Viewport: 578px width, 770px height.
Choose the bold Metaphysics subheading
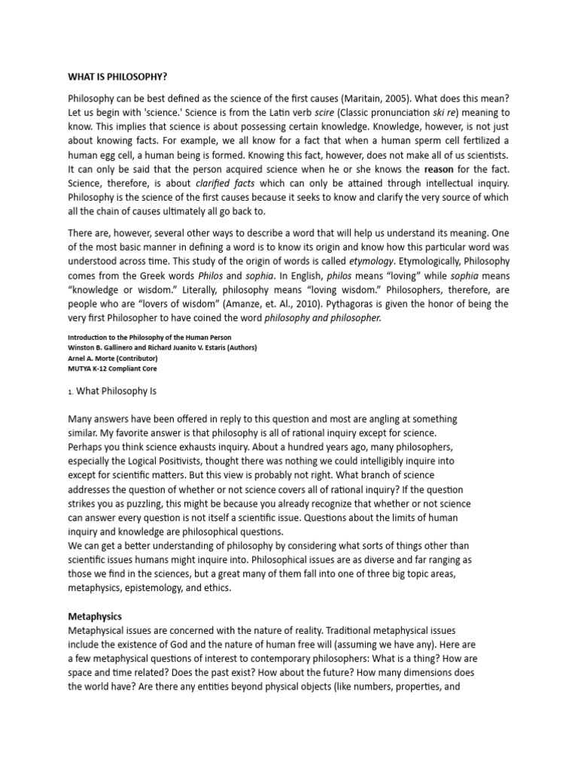point(95,616)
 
